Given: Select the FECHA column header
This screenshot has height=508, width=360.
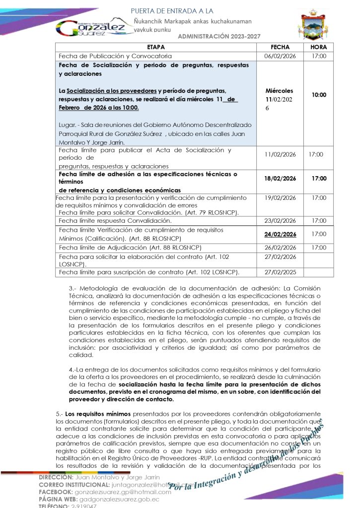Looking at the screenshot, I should (280, 47).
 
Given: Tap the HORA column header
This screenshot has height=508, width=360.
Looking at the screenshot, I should (318, 47).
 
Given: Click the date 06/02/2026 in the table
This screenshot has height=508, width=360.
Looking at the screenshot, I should (280, 56).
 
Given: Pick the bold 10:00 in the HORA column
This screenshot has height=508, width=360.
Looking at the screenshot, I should (319, 94).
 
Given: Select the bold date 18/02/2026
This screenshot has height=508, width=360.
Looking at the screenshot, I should (280, 179).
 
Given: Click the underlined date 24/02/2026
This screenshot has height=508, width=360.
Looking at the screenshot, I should (280, 234).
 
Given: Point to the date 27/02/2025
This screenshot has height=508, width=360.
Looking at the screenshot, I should (280, 272).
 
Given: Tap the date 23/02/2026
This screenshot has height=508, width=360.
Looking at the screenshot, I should (280, 220).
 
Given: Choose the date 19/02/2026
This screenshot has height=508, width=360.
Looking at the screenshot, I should (280, 197).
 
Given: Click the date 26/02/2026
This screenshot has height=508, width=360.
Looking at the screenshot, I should (280, 247).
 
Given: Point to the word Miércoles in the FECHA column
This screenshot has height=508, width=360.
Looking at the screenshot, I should (280, 91).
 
